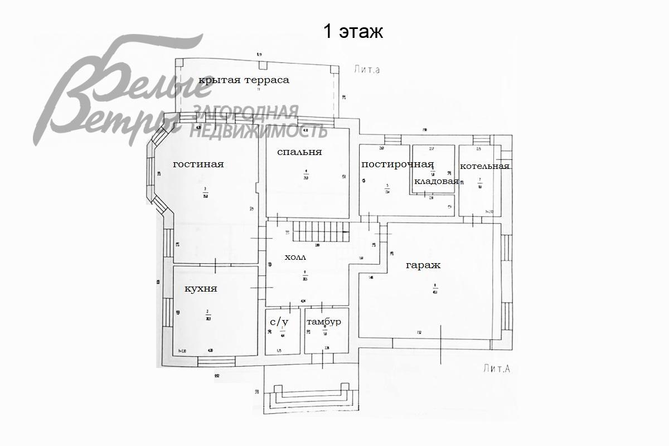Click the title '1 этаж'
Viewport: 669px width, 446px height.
[x=353, y=32]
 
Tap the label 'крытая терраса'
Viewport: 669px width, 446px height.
[x=244, y=80]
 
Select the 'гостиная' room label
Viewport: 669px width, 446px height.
[x=198, y=164]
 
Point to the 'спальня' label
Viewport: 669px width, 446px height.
[x=299, y=152]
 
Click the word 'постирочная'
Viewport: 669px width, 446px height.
[x=397, y=164]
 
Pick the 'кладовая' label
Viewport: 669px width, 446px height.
[x=436, y=181]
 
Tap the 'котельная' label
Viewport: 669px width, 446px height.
[x=484, y=166]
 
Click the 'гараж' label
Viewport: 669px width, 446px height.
[x=423, y=265]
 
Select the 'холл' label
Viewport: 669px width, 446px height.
[x=295, y=258]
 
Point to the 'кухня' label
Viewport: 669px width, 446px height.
[x=201, y=289]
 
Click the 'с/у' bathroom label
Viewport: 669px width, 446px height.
[x=279, y=322]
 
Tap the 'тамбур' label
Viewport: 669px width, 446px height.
[x=324, y=322]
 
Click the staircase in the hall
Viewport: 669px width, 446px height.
[x=321, y=231]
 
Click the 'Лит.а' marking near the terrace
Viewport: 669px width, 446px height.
[x=366, y=70]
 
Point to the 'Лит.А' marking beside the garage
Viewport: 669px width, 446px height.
[x=498, y=368]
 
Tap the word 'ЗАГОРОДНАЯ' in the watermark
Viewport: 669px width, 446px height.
[x=245, y=113]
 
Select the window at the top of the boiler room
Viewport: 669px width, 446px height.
[x=481, y=139]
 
